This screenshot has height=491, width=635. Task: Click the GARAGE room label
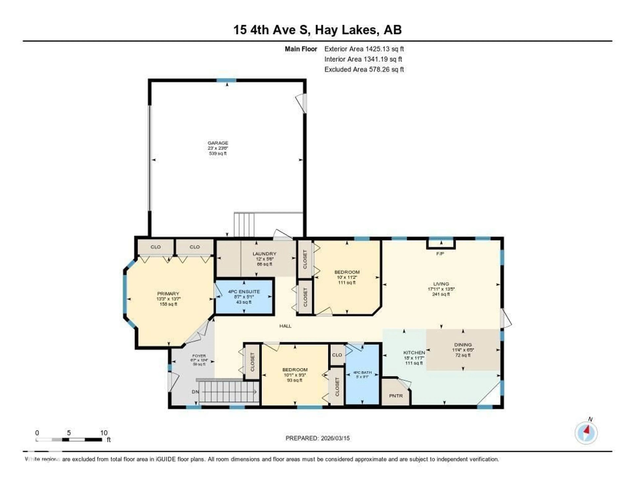(218, 143)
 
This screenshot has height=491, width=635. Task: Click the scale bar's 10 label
(104, 433)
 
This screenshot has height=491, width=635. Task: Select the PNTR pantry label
(396, 396)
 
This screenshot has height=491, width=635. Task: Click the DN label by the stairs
(195, 392)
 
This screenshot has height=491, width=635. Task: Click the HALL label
(285, 326)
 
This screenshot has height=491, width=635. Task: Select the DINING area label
(463, 345)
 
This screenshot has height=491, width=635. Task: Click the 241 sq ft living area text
(441, 294)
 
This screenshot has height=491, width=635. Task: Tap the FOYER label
(199, 356)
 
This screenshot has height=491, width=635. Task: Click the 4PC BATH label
(362, 372)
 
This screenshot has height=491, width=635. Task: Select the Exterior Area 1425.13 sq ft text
(364, 49)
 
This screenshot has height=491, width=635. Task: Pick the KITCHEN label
(414, 352)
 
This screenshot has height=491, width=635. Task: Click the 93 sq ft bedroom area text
(295, 380)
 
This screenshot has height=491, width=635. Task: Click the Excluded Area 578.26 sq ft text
(364, 69)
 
